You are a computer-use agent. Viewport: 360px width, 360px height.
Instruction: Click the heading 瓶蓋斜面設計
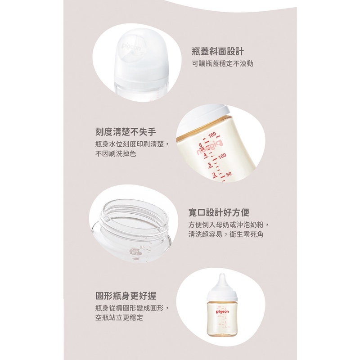pyautogui.click(x=218, y=51)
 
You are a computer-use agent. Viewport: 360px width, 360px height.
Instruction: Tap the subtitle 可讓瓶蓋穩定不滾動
pyautogui.click(x=222, y=63)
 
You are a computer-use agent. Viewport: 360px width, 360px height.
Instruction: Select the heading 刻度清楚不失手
pyautogui.click(x=126, y=132)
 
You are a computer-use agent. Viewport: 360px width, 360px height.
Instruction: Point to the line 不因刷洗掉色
pyautogui.click(x=116, y=153)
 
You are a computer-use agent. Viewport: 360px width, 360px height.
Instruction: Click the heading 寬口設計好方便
pyautogui.click(x=219, y=212)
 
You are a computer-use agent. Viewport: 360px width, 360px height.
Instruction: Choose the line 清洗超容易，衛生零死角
pyautogui.click(x=226, y=234)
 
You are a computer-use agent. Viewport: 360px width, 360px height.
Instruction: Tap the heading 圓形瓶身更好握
pyautogui.click(x=126, y=296)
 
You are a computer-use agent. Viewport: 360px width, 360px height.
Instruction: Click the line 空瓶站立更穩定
pyautogui.click(x=119, y=318)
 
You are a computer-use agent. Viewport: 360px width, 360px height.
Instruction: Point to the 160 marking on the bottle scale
pyautogui.click(x=212, y=135)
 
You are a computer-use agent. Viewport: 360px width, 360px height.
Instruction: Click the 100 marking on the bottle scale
pyautogui.click(x=222, y=156)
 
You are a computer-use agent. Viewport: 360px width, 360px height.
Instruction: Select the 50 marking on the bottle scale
pyautogui.click(x=229, y=174)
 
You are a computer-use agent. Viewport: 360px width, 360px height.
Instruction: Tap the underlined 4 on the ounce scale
pyautogui.click(x=206, y=155)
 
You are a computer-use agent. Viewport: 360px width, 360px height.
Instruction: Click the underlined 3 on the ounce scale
pyautogui.click(x=209, y=165)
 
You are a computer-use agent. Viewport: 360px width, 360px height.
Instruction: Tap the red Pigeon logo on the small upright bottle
pyautogui.click(x=222, y=311)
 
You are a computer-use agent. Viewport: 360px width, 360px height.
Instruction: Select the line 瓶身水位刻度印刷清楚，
pyautogui.click(x=132, y=144)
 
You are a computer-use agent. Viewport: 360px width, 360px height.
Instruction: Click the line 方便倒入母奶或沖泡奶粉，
pyautogui.click(x=229, y=225)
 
